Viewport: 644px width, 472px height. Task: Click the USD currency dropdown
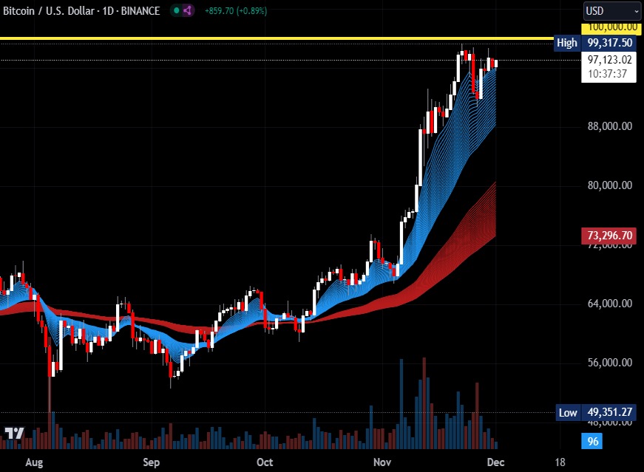pyautogui.click(x=612, y=11)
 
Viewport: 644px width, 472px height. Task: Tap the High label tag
pyautogui.click(x=567, y=43)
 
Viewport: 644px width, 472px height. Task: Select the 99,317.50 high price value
pyautogui.click(x=610, y=43)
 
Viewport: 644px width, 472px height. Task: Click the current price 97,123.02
pyautogui.click(x=610, y=60)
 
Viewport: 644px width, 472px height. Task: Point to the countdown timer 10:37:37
pyautogui.click(x=609, y=74)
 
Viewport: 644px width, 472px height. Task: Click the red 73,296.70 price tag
pyautogui.click(x=610, y=236)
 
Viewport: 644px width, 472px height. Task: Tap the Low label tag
pyautogui.click(x=567, y=412)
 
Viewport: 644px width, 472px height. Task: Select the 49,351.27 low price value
pyautogui.click(x=610, y=412)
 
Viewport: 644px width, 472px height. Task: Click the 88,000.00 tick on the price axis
pyautogui.click(x=610, y=126)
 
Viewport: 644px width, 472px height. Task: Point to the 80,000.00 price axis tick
pyautogui.click(x=610, y=185)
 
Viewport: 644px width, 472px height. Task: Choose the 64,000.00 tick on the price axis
pyautogui.click(x=610, y=304)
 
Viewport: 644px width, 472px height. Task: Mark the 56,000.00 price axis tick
pyautogui.click(x=610, y=363)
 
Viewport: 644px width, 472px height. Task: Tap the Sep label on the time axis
pyautogui.click(x=151, y=462)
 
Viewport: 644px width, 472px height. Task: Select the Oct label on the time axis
pyautogui.click(x=264, y=462)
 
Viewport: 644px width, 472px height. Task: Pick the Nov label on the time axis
pyautogui.click(x=382, y=462)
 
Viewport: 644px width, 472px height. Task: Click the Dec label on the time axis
pyautogui.click(x=495, y=462)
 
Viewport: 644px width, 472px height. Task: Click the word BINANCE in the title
pyautogui.click(x=141, y=11)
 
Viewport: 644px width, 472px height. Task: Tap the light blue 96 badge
pyautogui.click(x=592, y=442)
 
